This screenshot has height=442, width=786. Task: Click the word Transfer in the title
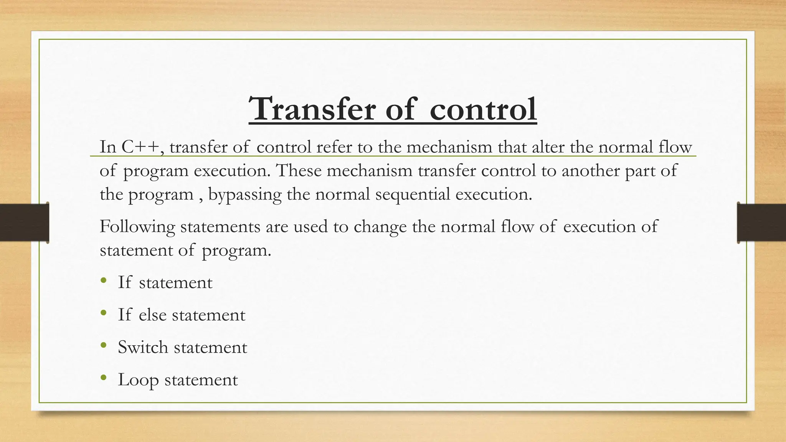[x=312, y=109]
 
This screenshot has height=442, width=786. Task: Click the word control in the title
[x=483, y=109]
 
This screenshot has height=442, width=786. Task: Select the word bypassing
[x=245, y=195]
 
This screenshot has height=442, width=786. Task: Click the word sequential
[x=413, y=195]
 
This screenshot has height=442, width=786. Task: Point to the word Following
[x=137, y=227]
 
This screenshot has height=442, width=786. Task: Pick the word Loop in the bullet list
[x=138, y=380]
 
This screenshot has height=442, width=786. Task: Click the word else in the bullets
[x=152, y=315]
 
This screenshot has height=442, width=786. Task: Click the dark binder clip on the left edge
[x=25, y=223]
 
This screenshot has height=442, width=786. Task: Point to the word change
[x=380, y=227]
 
